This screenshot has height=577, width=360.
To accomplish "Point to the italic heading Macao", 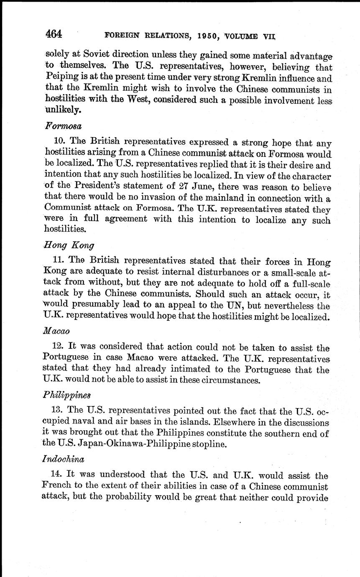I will [56, 330].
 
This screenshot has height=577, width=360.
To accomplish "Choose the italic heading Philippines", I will [66, 395].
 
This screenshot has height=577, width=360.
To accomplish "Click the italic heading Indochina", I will [64, 459].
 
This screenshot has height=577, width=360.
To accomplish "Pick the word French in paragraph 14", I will [56, 487].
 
